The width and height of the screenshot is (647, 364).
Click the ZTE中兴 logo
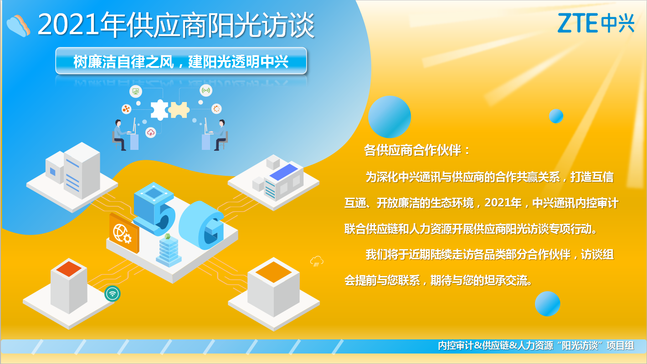click(x=596, y=23)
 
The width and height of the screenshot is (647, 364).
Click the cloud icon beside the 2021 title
click(x=18, y=26)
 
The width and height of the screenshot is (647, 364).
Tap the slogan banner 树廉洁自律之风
click(x=181, y=61)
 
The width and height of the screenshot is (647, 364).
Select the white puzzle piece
click(x=159, y=109)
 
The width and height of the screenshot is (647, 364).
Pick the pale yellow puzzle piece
click(x=179, y=110)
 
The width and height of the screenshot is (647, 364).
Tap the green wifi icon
click(x=113, y=294)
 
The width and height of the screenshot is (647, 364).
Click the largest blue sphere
click(x=390, y=117)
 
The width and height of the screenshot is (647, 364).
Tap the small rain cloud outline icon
click(x=317, y=261)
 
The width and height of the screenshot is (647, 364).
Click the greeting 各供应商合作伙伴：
click(x=417, y=150)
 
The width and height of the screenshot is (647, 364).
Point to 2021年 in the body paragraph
click(x=503, y=203)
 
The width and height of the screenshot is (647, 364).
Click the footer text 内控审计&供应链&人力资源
click(x=496, y=345)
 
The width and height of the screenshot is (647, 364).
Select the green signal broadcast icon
click(x=206, y=90)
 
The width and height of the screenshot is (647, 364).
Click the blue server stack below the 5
click(x=169, y=251)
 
